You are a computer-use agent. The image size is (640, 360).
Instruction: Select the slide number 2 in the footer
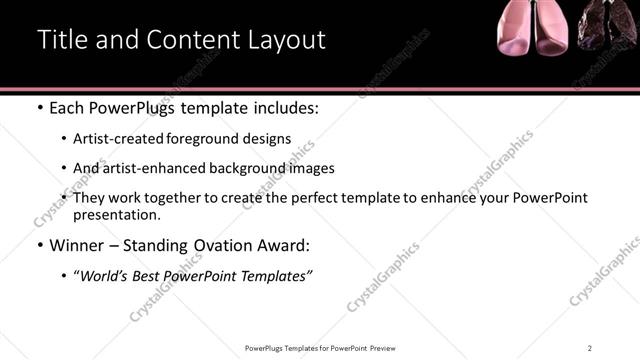click(590, 347)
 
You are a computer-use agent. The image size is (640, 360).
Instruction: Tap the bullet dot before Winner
click(39, 245)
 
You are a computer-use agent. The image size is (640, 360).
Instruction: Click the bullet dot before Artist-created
click(64, 139)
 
